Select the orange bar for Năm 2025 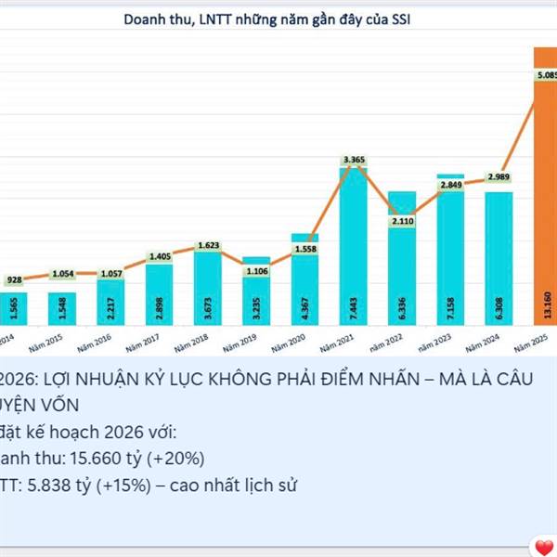tap(545, 186)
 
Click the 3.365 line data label tap(354, 161)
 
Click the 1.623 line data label tap(208, 246)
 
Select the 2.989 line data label tap(499, 177)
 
